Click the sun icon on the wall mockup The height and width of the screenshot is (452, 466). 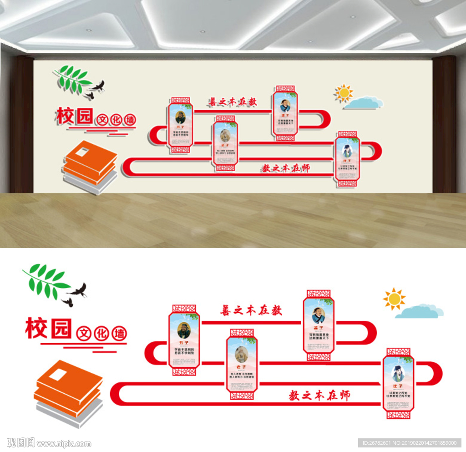(344, 93)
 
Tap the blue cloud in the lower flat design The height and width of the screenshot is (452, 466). (419, 312)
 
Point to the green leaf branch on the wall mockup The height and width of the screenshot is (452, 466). (72, 79)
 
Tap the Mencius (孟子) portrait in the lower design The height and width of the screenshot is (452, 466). (319, 315)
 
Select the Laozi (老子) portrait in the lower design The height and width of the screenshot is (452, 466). (242, 354)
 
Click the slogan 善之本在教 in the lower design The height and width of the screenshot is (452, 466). (251, 310)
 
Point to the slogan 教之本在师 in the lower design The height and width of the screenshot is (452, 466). (319, 395)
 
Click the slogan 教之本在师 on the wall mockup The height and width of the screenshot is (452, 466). (285, 168)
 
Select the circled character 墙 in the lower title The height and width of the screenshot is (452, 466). (119, 334)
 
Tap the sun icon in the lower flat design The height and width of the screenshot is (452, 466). (394, 299)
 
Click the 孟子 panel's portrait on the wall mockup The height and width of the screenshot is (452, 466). (285, 106)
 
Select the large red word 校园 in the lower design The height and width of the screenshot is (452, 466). (48, 329)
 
